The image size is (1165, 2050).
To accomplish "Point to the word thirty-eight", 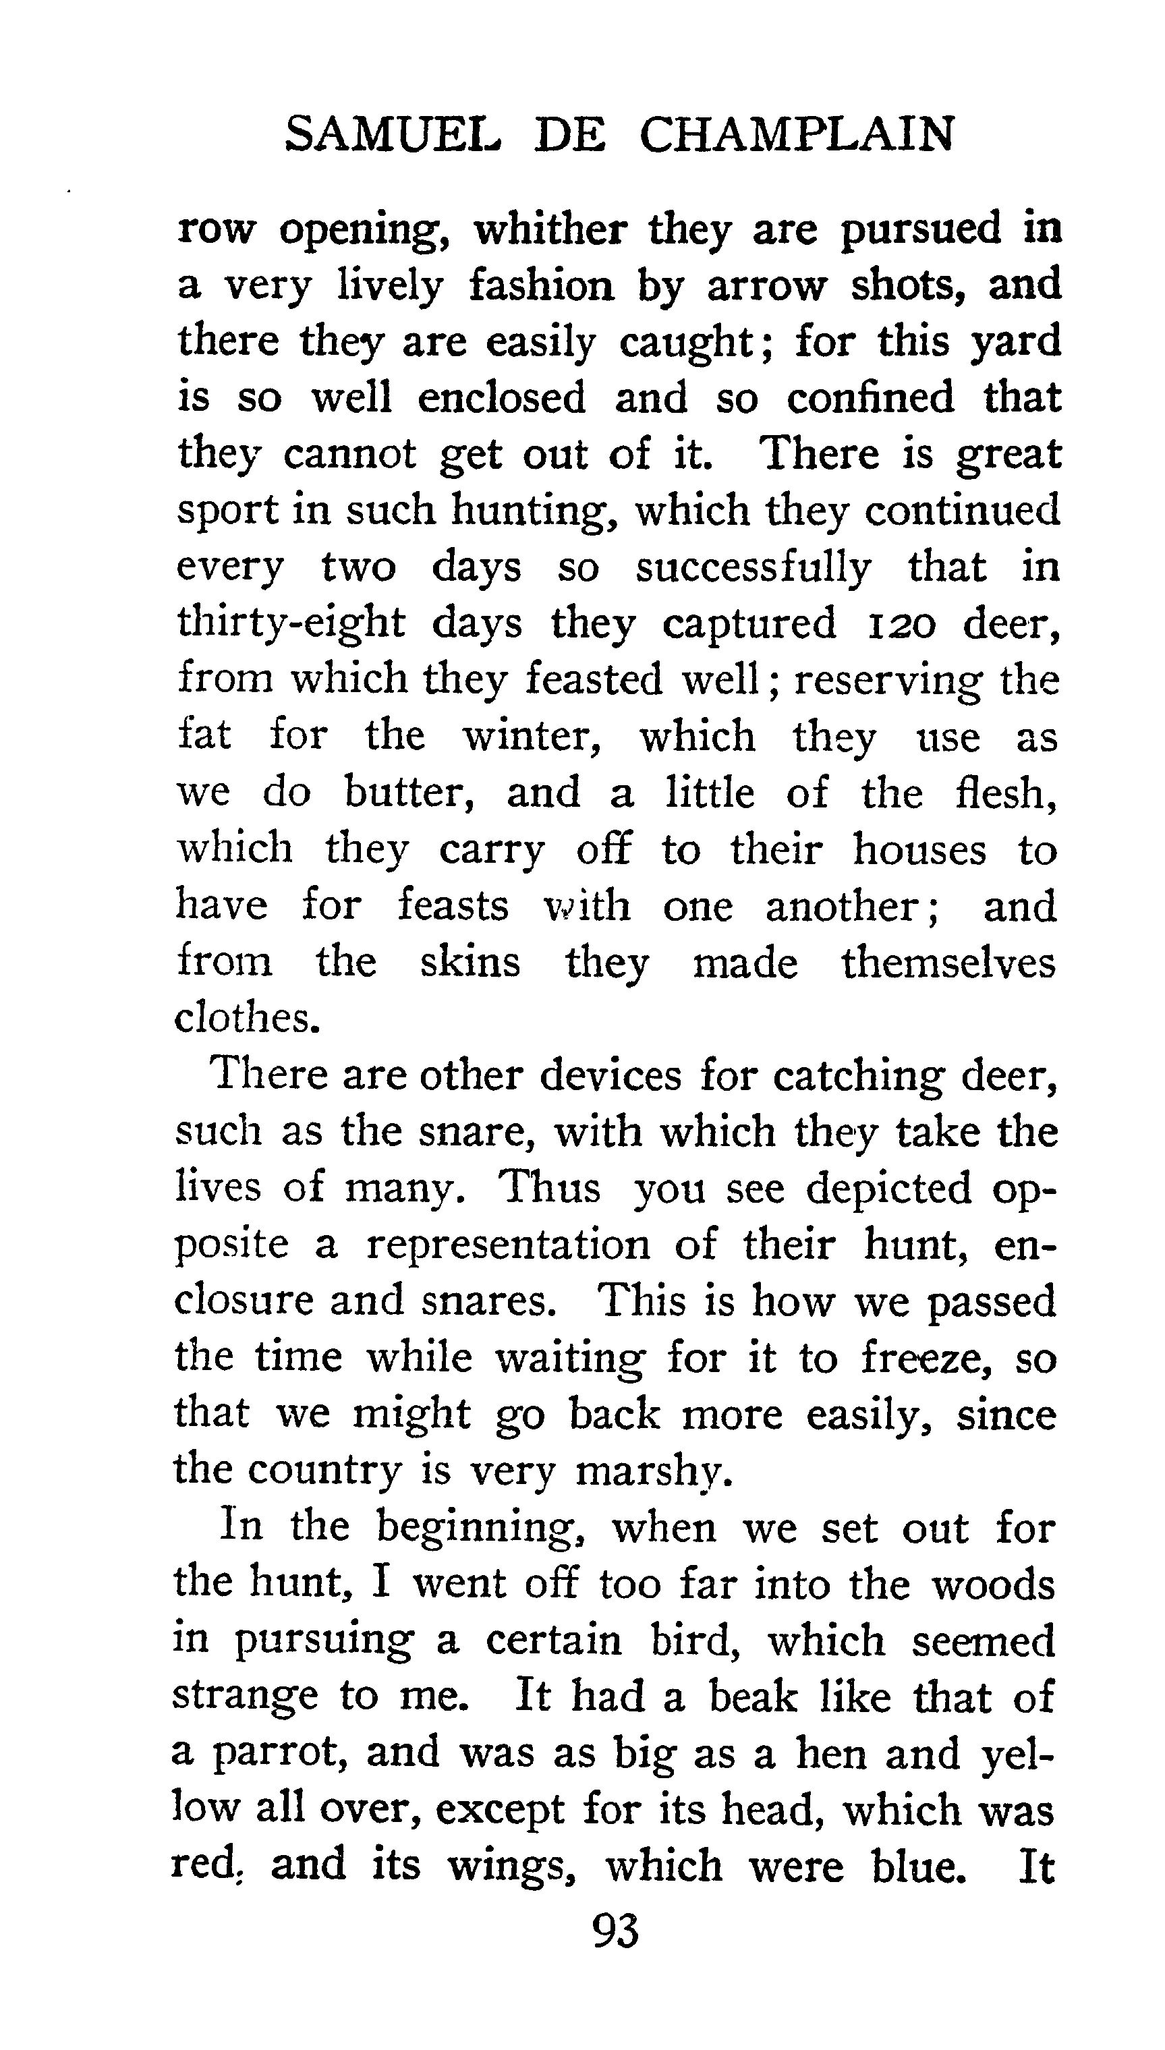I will [291, 625].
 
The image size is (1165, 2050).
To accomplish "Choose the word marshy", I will [654, 1470].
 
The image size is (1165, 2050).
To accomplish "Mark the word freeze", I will [928, 1358].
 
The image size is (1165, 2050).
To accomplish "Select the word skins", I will [470, 962].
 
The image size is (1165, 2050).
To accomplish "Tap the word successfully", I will [753, 568].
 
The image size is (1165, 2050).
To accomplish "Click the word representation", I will [508, 1245].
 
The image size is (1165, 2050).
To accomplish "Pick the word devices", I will [610, 1076].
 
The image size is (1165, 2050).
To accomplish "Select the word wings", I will [512, 1867].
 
